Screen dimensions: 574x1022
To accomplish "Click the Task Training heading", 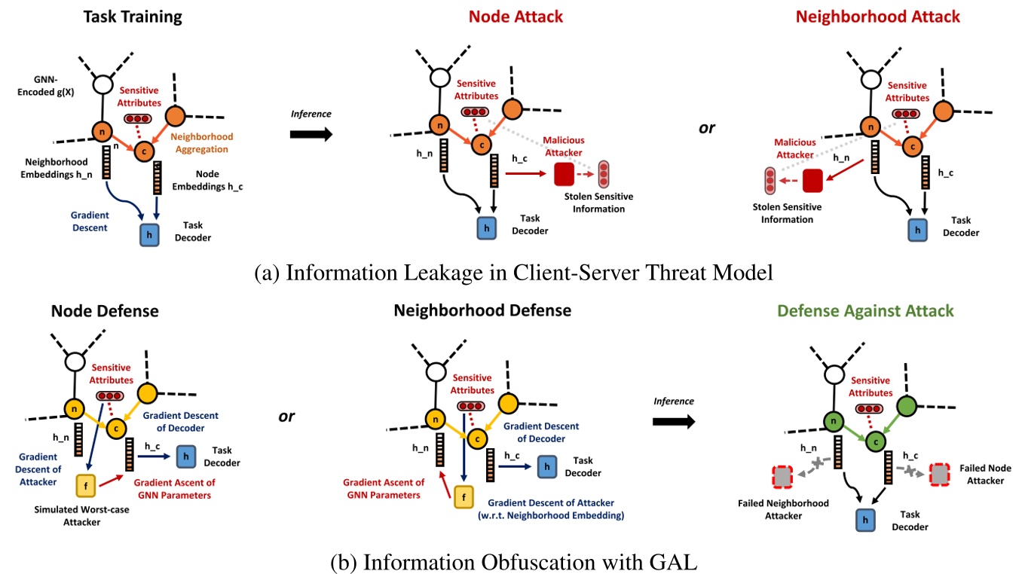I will point(133,17).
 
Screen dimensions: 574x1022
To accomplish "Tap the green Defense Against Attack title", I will point(865,310).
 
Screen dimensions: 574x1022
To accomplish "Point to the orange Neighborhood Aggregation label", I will point(203,144).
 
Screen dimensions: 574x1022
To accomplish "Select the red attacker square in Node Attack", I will point(564,174).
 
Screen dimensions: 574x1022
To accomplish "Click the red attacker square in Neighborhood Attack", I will point(812,181).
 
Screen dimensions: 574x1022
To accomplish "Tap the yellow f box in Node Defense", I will point(86,486).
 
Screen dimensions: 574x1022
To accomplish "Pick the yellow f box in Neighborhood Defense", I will point(464,496).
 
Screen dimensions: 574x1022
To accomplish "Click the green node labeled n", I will point(832,423).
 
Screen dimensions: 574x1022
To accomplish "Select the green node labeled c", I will point(877,441).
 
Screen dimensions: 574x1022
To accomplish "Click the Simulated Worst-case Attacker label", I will point(67,516).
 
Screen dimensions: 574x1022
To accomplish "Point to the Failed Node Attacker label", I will point(982,474).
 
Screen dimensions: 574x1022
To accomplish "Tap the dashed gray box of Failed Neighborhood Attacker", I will point(782,477).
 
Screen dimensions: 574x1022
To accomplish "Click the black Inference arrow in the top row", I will point(311,134).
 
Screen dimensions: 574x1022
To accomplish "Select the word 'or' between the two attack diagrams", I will point(706,128).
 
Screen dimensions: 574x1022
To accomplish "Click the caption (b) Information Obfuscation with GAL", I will point(510,561).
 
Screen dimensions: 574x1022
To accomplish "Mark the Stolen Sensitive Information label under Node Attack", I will point(598,203).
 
